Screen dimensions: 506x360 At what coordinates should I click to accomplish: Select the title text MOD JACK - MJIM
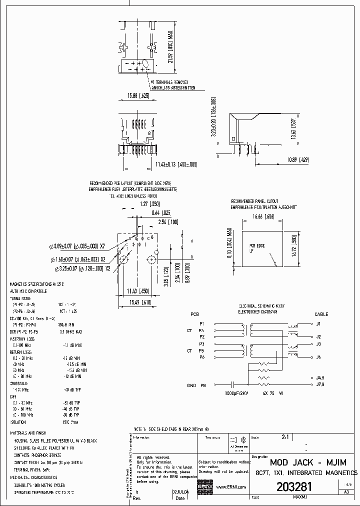point(304,462)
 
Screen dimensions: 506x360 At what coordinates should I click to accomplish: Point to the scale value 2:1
point(285,436)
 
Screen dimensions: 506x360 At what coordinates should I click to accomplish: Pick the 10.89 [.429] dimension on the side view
point(298,159)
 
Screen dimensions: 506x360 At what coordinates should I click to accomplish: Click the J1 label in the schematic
point(318,323)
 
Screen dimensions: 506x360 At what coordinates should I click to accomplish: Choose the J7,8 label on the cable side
point(320,384)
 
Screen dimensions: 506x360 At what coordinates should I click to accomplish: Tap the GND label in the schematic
point(191,385)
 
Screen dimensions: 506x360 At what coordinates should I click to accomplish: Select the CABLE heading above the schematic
point(321,314)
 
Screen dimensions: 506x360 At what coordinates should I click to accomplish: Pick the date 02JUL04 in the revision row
point(180,492)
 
